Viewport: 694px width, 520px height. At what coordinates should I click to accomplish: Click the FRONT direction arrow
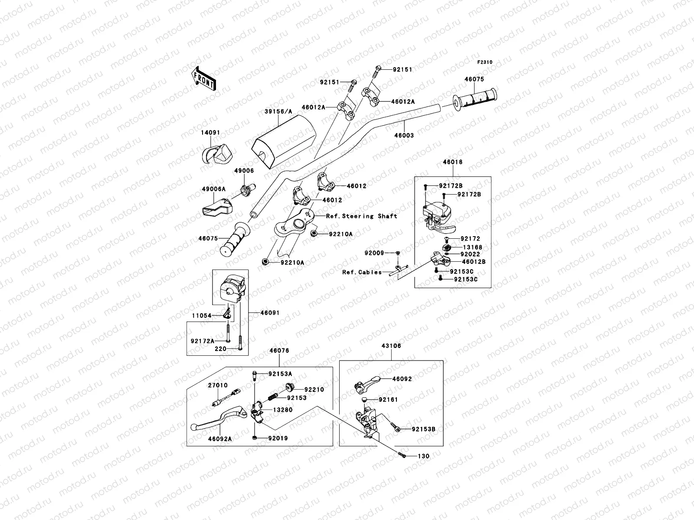204,78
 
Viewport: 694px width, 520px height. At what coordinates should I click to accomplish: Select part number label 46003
404,135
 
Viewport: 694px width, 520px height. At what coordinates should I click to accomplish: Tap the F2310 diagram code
485,62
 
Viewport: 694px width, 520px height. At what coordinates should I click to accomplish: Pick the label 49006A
213,189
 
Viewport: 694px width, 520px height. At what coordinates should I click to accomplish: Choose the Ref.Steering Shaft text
361,216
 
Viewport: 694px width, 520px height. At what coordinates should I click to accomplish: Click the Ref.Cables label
362,272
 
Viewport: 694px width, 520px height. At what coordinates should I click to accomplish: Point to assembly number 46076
279,350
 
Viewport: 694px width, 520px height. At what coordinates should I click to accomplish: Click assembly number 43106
391,346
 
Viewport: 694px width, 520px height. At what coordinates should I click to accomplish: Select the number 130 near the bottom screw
423,456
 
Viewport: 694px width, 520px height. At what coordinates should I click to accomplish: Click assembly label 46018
452,162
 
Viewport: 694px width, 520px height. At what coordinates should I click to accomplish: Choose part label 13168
471,247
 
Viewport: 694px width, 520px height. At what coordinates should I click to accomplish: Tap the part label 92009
374,252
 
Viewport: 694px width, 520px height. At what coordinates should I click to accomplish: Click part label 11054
201,315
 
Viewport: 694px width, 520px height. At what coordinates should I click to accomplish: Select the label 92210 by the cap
314,390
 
